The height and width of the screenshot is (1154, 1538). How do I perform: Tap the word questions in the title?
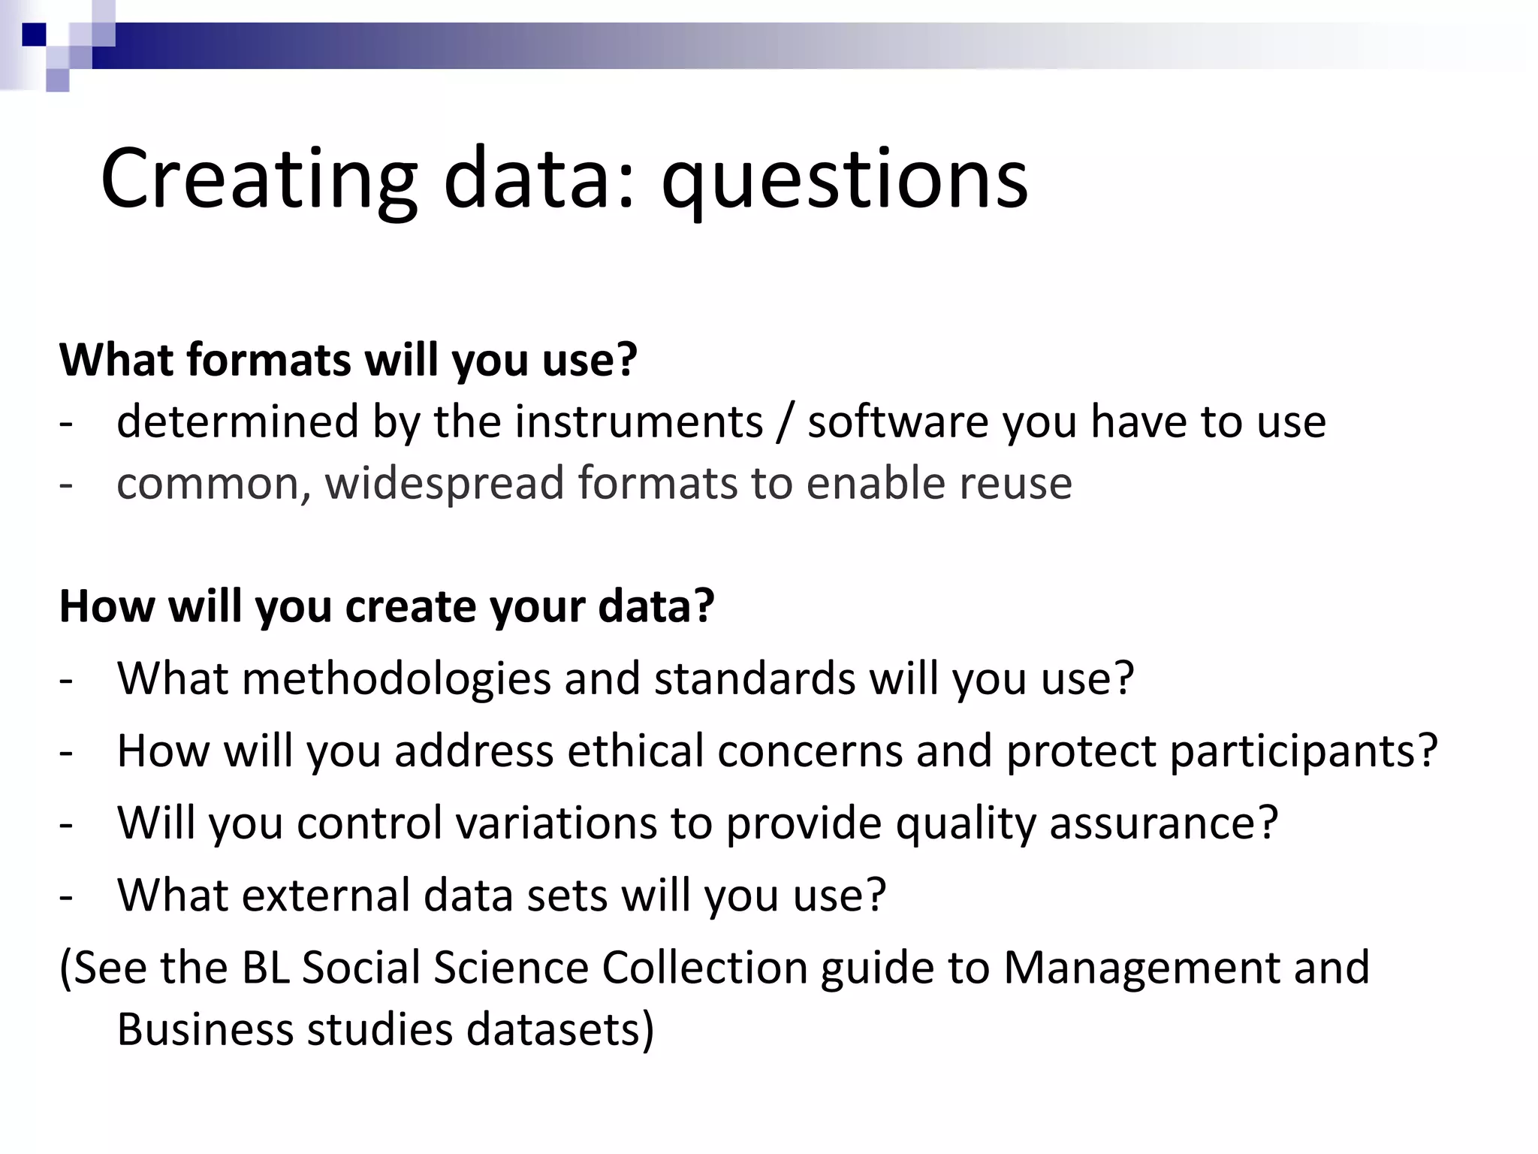pyautogui.click(x=844, y=180)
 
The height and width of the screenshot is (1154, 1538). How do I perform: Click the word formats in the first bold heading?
pyautogui.click(x=268, y=359)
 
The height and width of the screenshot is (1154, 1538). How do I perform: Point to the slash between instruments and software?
pyautogui.click(x=785, y=422)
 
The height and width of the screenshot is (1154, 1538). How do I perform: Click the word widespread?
pyautogui.click(x=444, y=482)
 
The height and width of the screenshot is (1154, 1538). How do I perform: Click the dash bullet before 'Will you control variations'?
pyautogui.click(x=66, y=824)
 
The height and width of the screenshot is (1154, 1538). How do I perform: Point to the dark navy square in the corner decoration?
pyautogui.click(x=35, y=35)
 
